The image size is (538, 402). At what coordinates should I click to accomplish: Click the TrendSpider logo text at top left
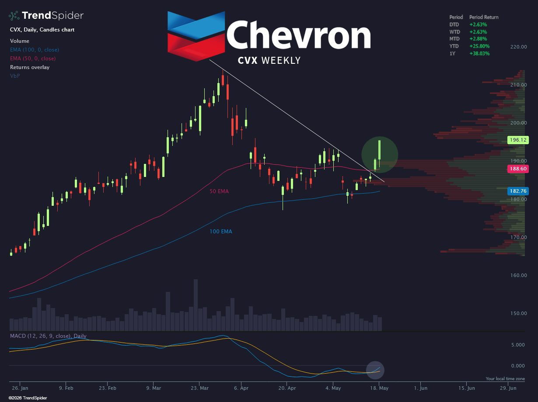pos(52,16)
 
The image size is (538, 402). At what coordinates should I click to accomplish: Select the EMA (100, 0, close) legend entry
pos(35,50)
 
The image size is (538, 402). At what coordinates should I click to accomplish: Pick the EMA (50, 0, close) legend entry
pos(33,59)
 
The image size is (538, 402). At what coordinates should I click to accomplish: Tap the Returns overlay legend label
pos(30,67)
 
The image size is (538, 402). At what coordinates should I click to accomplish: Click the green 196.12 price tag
pos(518,140)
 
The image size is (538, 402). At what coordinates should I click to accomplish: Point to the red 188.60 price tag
pos(518,169)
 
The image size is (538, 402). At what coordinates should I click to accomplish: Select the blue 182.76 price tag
pos(518,191)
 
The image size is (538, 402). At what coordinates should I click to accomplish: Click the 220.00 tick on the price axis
pos(518,47)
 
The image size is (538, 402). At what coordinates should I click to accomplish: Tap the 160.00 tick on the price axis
pos(518,275)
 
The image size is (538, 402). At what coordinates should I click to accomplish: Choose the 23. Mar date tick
pos(199,388)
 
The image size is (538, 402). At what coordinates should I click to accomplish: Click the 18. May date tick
pos(379,388)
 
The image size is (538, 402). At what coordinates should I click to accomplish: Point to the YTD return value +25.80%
pos(479,46)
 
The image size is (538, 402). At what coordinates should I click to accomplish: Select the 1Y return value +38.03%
pos(479,53)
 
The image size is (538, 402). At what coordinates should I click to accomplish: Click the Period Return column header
pos(484,17)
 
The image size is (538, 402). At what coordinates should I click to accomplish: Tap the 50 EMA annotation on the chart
pos(219,191)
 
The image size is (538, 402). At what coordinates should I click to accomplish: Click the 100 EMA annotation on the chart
pos(221,231)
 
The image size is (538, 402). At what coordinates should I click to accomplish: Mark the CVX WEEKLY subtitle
pos(269,60)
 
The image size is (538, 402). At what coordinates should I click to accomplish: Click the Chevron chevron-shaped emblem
pos(196,36)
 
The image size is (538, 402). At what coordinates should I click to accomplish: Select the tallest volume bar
pos(196,305)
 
